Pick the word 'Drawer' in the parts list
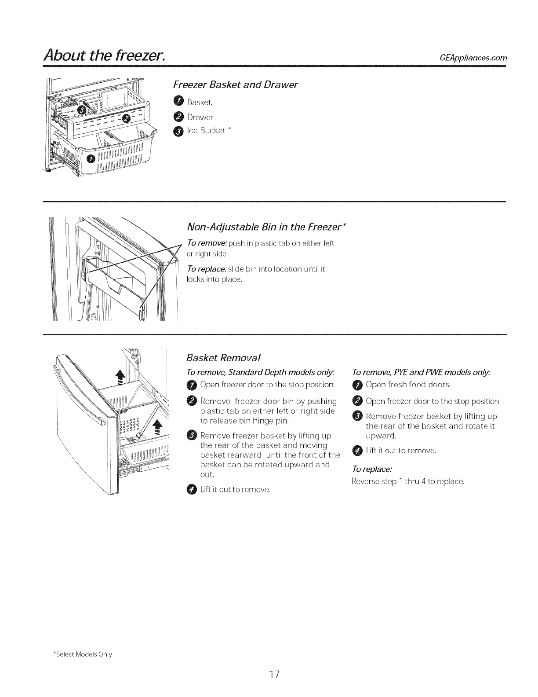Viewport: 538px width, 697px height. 200,117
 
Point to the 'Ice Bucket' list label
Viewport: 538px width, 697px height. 206,131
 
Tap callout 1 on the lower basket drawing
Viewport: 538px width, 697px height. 91,158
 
